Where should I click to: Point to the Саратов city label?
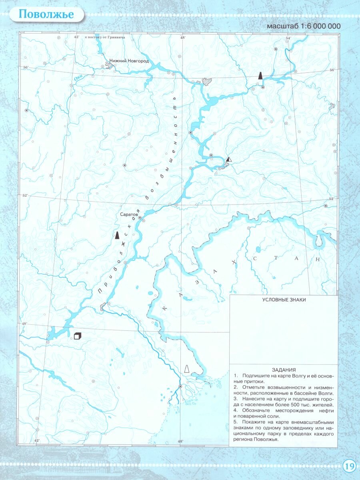pyautogui.click(x=129, y=214)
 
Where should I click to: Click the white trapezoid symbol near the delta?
pyautogui.click(x=186, y=369)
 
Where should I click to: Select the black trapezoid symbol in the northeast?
pyautogui.click(x=260, y=75)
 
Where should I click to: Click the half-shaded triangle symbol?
pyautogui.click(x=228, y=159)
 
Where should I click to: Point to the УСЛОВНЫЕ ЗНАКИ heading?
pyautogui.click(x=283, y=300)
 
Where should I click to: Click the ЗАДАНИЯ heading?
pyautogui.click(x=283, y=370)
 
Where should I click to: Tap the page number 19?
pyautogui.click(x=348, y=466)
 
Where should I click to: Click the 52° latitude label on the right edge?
pyautogui.click(x=331, y=199)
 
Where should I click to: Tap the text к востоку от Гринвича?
pyautogui.click(x=105, y=37)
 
